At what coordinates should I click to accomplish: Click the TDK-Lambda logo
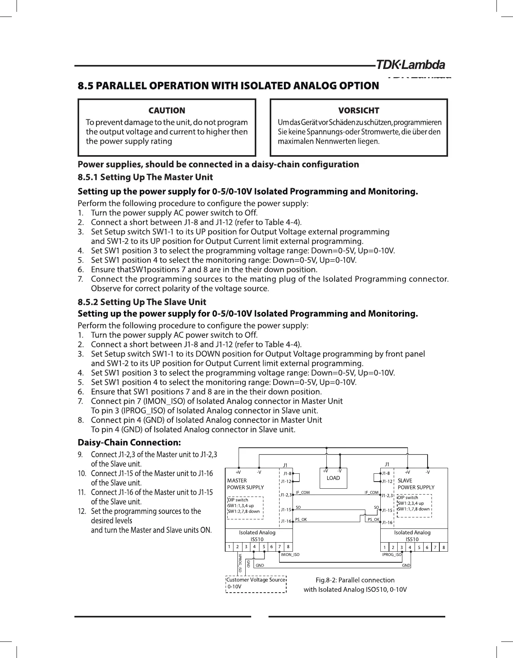pyautogui.click(x=411, y=65)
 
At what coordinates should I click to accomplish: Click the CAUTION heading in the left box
pyautogui.click(x=167, y=111)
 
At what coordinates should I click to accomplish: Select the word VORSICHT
pyautogui.click(x=359, y=111)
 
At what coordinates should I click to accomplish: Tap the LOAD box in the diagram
pyautogui.click(x=333, y=478)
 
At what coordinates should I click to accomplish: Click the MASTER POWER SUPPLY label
pyautogui.click(x=245, y=484)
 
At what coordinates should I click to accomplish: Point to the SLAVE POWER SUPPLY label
pyautogui.click(x=416, y=484)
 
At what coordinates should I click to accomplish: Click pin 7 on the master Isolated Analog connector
pyautogui.click(x=280, y=547)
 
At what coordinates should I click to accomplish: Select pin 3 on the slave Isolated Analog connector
pyautogui.click(x=402, y=547)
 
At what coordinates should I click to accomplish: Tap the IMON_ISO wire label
pyautogui.click(x=290, y=555)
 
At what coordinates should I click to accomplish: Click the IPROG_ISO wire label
pyautogui.click(x=392, y=555)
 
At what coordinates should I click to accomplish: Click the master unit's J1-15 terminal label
pyautogui.click(x=285, y=510)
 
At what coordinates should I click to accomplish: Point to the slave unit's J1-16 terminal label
pyautogui.click(x=388, y=523)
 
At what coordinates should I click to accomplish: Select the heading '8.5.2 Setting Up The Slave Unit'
pyautogui.click(x=142, y=302)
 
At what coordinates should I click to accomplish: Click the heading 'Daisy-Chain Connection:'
pyautogui.click(x=130, y=443)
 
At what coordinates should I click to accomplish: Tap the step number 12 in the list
pyautogui.click(x=82, y=512)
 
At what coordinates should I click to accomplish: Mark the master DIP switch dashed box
pyautogui.click(x=244, y=508)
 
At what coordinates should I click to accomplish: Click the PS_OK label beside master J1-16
pyautogui.click(x=301, y=520)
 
